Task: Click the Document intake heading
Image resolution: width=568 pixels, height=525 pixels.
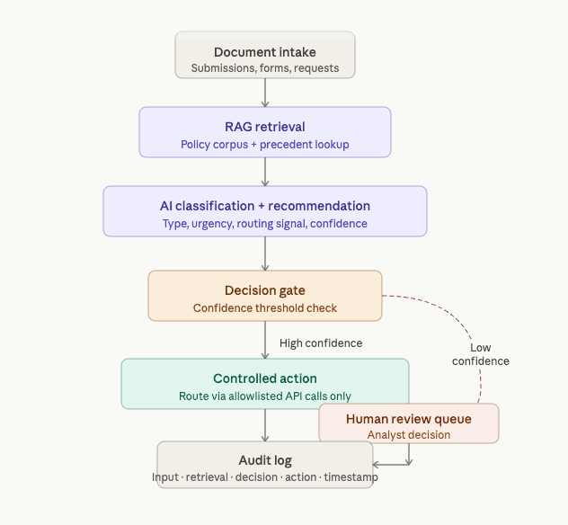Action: coord(264,52)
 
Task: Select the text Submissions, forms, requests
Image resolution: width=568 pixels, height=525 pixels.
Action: coord(264,69)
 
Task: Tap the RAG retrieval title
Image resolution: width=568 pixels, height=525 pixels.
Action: coord(264,127)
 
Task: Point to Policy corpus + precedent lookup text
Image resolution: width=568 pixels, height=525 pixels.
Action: coord(264,145)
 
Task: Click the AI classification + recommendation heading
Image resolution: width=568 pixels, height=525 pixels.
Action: coord(264,206)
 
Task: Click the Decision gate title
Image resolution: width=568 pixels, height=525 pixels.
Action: coord(264,290)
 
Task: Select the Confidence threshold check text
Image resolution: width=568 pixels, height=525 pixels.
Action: coord(264,308)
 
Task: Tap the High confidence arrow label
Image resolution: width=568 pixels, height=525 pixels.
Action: coord(321,343)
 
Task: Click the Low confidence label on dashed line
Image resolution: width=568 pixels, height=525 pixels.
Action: coord(480,354)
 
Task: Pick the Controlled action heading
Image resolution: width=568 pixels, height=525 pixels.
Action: coord(264,378)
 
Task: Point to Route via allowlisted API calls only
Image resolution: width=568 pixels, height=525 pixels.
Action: coord(264,396)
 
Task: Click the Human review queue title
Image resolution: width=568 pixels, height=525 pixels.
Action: coord(408,419)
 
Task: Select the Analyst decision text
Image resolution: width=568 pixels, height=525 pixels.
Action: coord(408,435)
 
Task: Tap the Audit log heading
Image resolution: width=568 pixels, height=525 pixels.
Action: coord(264,461)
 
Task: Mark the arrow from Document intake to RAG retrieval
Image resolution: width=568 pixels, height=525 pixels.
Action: coord(264,93)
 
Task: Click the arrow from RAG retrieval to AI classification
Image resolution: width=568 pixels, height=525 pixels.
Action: coord(264,172)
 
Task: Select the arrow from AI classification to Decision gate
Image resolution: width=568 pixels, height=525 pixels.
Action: coord(264,254)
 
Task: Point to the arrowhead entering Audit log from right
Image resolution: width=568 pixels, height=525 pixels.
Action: coord(377,465)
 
